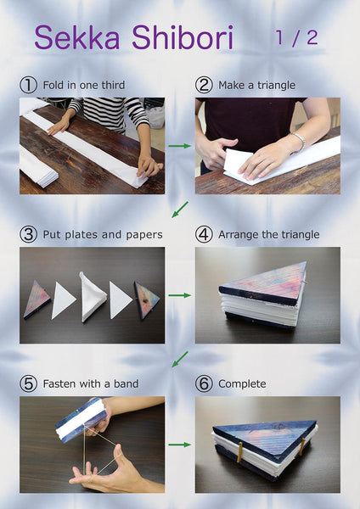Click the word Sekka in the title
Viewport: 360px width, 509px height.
(77, 37)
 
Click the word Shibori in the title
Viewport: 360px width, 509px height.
(183, 37)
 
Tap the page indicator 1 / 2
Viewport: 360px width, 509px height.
(296, 37)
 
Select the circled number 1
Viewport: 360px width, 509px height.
(28, 85)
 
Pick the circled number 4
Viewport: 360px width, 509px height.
(204, 234)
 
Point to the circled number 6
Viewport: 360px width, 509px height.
(204, 383)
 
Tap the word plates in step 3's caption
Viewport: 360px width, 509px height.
(82, 235)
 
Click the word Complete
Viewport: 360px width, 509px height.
(242, 384)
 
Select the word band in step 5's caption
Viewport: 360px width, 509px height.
(126, 383)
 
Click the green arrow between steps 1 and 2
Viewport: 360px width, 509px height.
(180, 146)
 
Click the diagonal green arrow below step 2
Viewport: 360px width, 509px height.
(180, 210)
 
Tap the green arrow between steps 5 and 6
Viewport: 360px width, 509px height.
(180, 445)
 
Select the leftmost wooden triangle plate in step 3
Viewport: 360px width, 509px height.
(37, 299)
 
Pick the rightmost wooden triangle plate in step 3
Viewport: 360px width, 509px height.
(147, 300)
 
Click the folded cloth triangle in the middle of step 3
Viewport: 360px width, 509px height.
(93, 297)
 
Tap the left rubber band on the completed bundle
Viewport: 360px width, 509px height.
(239, 452)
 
